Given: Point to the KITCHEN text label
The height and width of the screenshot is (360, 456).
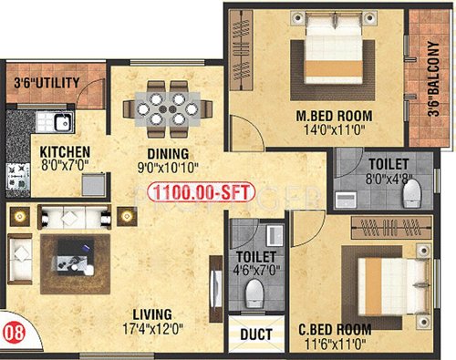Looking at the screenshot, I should click(64, 152).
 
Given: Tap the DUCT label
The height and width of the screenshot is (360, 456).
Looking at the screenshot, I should click(255, 334).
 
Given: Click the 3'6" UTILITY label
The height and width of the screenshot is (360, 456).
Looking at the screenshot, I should click(47, 83).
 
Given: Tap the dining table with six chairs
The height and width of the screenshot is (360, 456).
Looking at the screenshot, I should click(167, 103).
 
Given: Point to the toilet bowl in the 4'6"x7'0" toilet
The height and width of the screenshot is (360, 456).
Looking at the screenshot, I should click(255, 291).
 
